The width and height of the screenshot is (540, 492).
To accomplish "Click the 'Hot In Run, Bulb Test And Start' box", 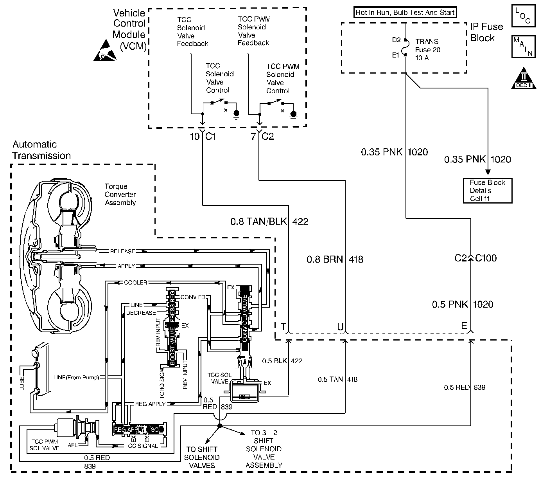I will pyautogui.click(x=405, y=13).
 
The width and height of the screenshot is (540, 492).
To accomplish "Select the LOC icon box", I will pyautogui.click(x=522, y=16).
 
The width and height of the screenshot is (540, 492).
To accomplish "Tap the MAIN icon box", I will pyautogui.click(x=522, y=47).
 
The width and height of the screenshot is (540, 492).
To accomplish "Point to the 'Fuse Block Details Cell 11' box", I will pyautogui.click(x=487, y=191).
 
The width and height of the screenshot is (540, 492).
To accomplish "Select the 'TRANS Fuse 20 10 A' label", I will pyautogui.click(x=427, y=50).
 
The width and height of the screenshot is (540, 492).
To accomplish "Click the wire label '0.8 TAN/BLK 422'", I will pyautogui.click(x=269, y=222).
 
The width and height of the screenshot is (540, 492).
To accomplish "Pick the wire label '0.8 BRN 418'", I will pyautogui.click(x=334, y=259).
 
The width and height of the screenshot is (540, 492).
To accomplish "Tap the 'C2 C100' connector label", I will pyautogui.click(x=475, y=258).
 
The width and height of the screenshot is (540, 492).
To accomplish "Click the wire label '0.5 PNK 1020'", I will pyautogui.click(x=462, y=305).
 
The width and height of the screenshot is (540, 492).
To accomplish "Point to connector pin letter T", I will pyautogui.click(x=283, y=326).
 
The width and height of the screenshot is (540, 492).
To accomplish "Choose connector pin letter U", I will pyautogui.click(x=340, y=326).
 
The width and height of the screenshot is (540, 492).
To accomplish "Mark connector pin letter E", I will pyautogui.click(x=464, y=326).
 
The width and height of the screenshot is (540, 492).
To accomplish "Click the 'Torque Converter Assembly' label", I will pyautogui.click(x=120, y=195).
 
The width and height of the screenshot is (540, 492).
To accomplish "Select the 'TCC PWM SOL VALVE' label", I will pyautogui.click(x=44, y=444).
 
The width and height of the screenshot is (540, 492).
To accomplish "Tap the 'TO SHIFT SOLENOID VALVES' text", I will pyautogui.click(x=202, y=457).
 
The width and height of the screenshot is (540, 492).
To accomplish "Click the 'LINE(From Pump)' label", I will pyautogui.click(x=76, y=378).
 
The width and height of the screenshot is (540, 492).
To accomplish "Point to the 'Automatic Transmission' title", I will pyautogui.click(x=41, y=150).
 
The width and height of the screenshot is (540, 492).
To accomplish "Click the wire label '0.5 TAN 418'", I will pyautogui.click(x=337, y=379).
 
